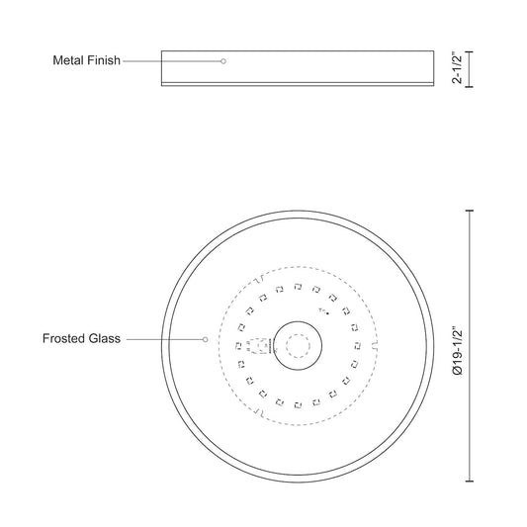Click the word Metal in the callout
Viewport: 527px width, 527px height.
coord(68,60)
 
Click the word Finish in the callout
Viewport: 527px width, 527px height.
coord(104,60)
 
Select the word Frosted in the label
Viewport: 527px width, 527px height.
coord(62,338)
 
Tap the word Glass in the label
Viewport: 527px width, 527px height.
coord(103,338)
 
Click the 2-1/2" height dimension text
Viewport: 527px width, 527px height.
coord(458,68)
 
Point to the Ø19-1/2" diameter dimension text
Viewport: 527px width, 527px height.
coord(458,350)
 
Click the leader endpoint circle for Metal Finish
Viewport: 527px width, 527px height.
coord(223,61)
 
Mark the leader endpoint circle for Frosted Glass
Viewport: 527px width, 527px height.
coord(205,339)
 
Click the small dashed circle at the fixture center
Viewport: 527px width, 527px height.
coord(298,346)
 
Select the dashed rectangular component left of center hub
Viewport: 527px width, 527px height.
coord(259,346)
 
